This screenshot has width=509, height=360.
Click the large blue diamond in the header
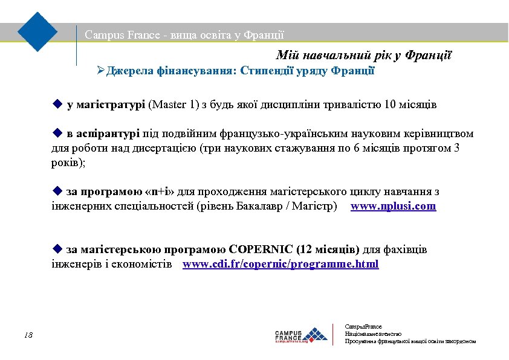(37, 31)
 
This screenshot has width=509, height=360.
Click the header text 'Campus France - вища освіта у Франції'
(184, 35)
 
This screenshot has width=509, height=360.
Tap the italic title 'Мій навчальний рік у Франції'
(364, 56)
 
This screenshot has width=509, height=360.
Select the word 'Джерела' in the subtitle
(129, 71)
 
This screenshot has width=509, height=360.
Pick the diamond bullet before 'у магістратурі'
(57, 104)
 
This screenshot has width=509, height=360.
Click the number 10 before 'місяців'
(390, 105)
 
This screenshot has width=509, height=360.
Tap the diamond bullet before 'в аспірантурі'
(57, 133)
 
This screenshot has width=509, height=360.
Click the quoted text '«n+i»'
(161, 192)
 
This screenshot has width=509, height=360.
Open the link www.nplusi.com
(393, 207)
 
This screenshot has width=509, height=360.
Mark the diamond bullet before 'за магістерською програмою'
(57, 248)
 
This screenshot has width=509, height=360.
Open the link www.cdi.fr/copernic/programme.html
(280, 264)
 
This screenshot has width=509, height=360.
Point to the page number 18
(28, 335)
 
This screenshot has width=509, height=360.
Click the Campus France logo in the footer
(301, 335)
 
